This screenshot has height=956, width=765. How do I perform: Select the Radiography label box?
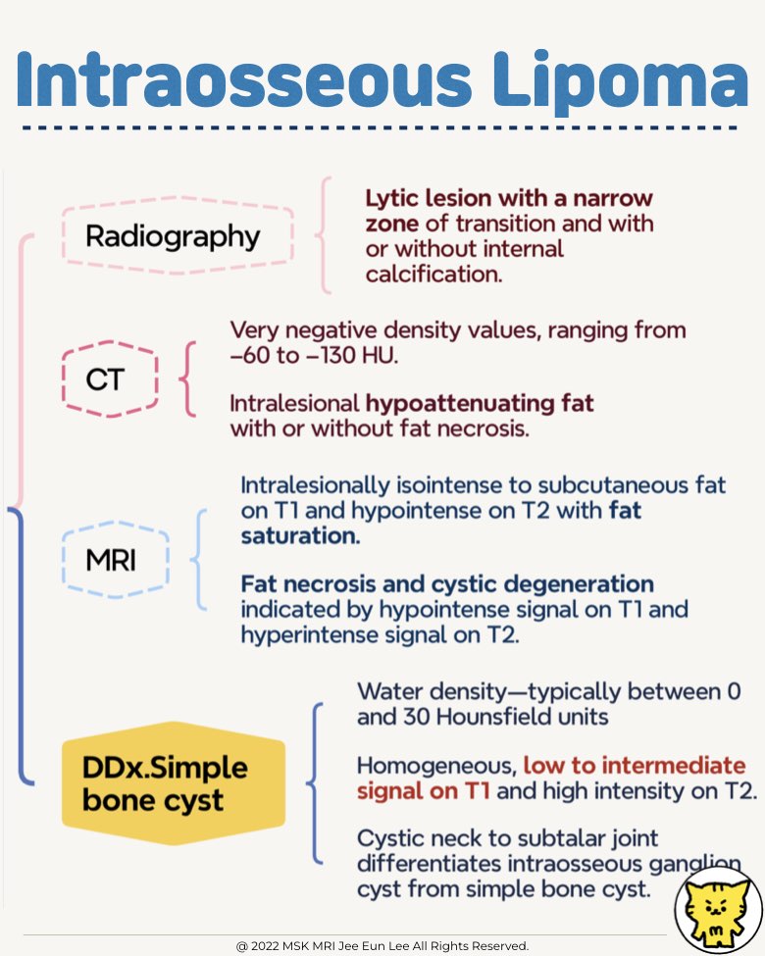173,236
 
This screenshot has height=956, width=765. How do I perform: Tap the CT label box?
104,378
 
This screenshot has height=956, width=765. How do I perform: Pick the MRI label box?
116,561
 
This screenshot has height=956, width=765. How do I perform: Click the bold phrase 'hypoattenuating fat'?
481,403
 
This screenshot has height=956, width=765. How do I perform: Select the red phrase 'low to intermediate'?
635,765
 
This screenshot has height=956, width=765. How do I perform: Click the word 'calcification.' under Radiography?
433,275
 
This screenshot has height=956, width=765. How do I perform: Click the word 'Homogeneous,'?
434,765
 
